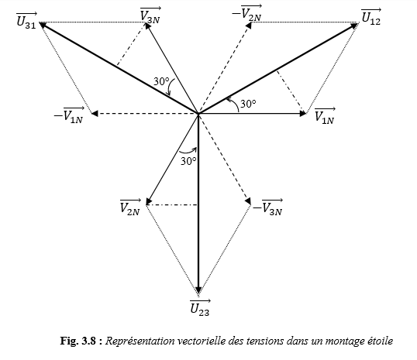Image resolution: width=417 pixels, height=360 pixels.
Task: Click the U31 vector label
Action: click(x=26, y=21)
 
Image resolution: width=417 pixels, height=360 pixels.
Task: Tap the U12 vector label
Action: click(x=371, y=17)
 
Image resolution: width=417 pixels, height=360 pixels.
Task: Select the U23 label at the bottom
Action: click(x=200, y=307)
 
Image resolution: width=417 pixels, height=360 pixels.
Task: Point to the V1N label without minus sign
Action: click(x=325, y=116)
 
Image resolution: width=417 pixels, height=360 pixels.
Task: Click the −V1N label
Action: click(x=69, y=115)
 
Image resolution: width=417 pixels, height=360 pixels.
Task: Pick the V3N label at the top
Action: click(x=150, y=15)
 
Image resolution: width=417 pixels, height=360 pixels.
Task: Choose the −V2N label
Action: click(x=246, y=13)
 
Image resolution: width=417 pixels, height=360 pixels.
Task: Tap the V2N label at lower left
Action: click(x=130, y=207)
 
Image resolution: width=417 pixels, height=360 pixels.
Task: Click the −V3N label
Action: click(x=267, y=207)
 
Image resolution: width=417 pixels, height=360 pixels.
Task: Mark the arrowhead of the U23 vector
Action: click(x=198, y=290)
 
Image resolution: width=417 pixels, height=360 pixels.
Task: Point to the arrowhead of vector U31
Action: click(x=43, y=25)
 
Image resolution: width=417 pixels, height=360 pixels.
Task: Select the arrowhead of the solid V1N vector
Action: click(x=303, y=114)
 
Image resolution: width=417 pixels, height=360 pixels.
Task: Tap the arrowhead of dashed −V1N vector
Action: click(x=95, y=114)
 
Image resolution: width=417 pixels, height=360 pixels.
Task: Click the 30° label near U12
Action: click(x=248, y=104)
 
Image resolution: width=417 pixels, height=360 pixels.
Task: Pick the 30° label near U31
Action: click(x=161, y=81)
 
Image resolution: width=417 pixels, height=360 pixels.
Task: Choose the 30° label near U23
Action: click(x=188, y=161)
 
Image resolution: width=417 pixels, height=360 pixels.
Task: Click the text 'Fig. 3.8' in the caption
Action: click(x=78, y=341)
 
